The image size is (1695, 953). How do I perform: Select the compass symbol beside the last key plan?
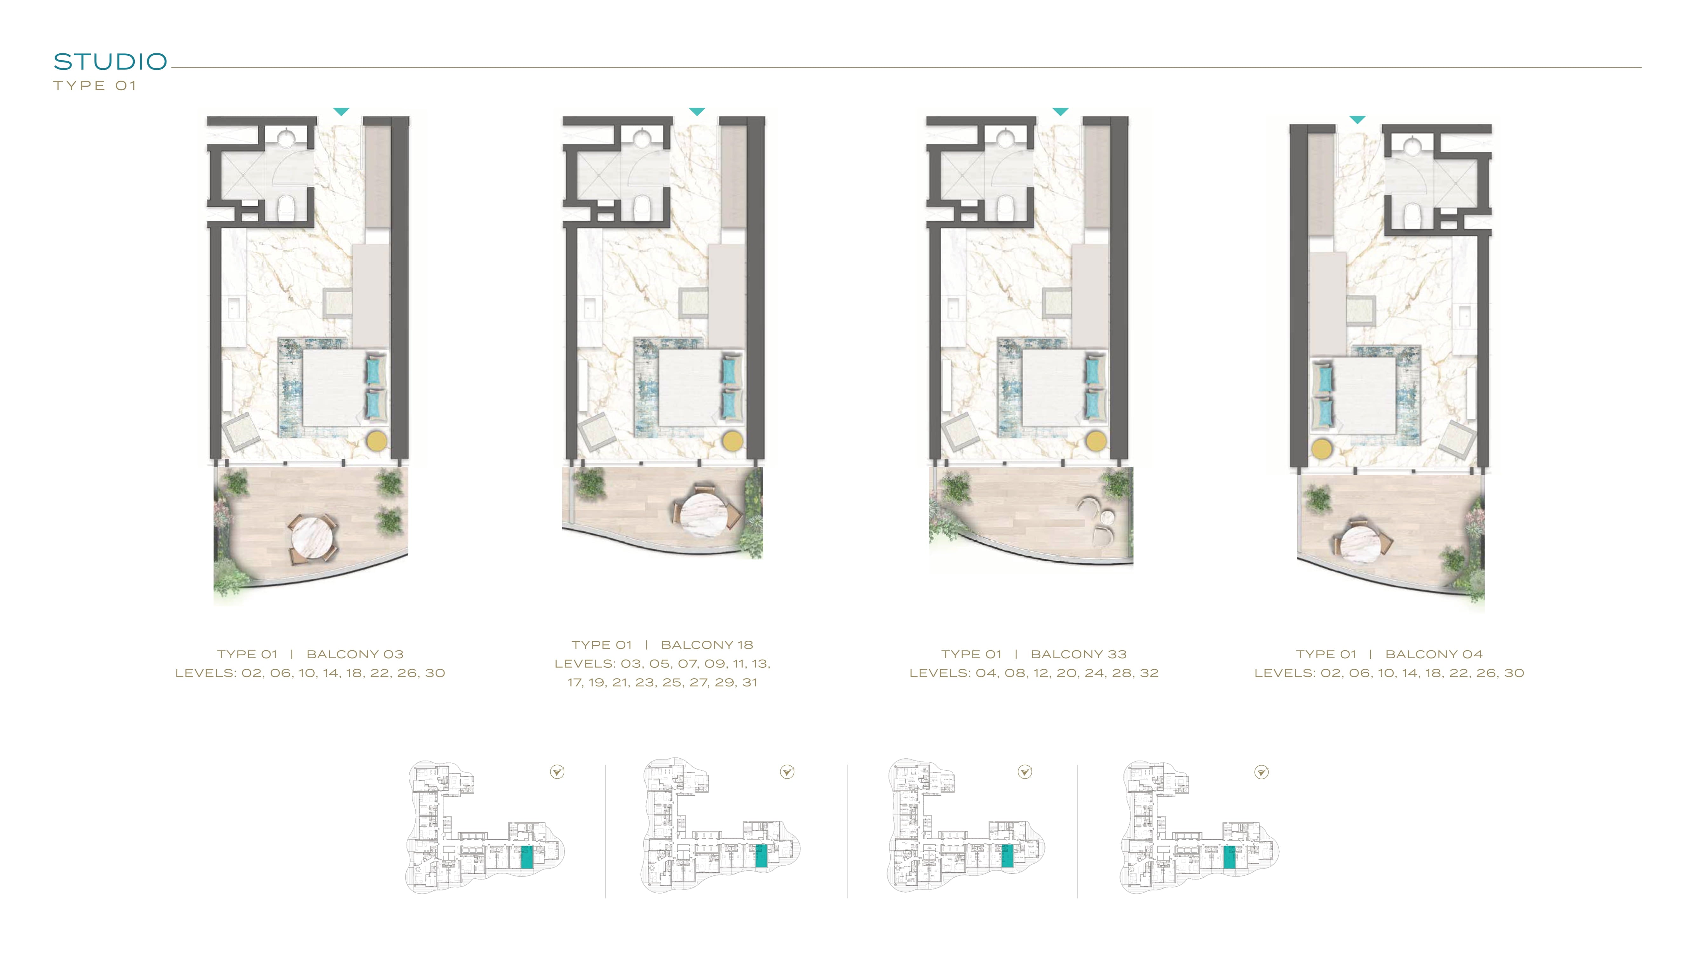coord(1261,772)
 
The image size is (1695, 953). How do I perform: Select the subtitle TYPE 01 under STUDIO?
coord(95,85)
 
